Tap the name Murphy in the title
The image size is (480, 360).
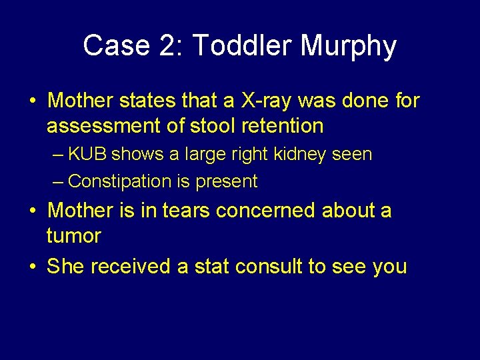point(348,46)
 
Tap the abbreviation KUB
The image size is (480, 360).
point(88,155)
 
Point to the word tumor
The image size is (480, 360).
point(74,236)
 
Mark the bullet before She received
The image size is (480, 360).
point(33,267)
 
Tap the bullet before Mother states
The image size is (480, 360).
point(33,101)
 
